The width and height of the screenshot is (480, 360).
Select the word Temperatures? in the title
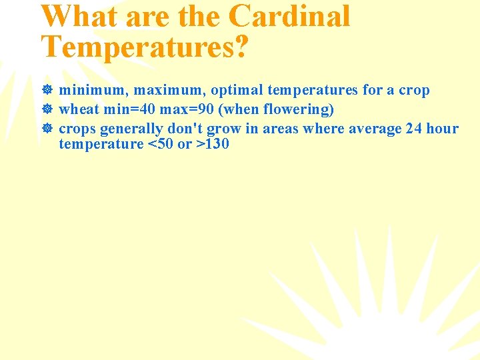[x=145, y=46]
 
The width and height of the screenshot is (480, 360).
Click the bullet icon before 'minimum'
[x=47, y=90]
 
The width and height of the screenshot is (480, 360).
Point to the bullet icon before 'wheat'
[x=47, y=109]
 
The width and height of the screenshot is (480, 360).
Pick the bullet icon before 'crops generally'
[x=47, y=129]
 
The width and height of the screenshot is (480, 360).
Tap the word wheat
[x=79, y=109]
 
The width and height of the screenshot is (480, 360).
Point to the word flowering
[x=298, y=109]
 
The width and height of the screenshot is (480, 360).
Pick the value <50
[x=161, y=144]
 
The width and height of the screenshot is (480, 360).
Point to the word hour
[x=443, y=129]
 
